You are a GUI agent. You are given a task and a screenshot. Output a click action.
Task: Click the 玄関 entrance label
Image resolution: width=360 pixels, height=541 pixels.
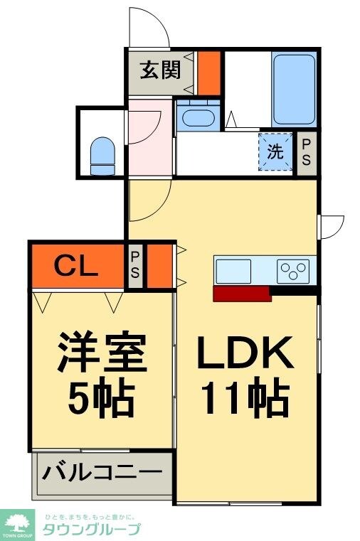[x=159, y=72]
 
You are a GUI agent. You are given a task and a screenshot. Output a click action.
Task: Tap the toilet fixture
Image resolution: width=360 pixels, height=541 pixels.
[x=102, y=154]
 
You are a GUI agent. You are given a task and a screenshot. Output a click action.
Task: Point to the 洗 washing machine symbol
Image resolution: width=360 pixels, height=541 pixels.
[x=275, y=151]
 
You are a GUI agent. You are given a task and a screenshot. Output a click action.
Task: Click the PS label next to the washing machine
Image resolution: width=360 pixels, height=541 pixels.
[x=306, y=152]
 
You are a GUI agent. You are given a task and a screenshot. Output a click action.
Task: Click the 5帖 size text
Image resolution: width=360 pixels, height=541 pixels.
[x=101, y=400]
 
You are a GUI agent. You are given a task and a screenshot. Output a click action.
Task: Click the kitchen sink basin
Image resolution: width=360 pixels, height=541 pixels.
[x=233, y=271]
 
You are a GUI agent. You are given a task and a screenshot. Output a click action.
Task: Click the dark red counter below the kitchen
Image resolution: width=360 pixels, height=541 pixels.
[x=241, y=294]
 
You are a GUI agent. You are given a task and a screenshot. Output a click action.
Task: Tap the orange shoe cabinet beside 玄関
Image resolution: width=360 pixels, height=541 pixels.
[x=208, y=73]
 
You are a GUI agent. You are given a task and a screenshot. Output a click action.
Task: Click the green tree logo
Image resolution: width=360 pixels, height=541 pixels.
[x=19, y=525]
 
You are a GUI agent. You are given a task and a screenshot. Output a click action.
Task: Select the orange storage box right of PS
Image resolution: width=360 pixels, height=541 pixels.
[x=159, y=266]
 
